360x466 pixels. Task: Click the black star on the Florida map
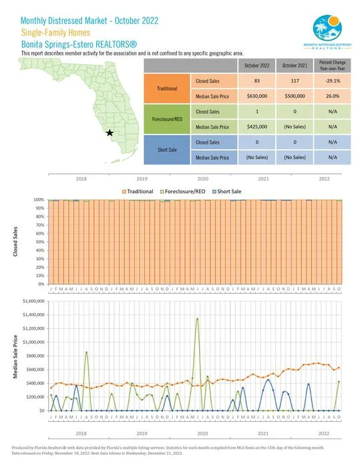[x=110, y=133]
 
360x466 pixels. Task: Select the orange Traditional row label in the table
[x=167, y=88]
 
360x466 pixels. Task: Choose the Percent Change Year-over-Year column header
[x=323, y=65]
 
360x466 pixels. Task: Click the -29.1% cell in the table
[x=323, y=80]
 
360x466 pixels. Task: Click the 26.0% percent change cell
[x=323, y=96]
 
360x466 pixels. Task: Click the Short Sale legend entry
[x=228, y=192]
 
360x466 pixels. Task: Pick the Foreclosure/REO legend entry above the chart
[x=184, y=192]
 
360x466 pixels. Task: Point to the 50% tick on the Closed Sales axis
[x=39, y=241]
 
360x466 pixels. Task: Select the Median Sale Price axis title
[x=15, y=356]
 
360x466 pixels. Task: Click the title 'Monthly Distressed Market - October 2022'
[x=90, y=20]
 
